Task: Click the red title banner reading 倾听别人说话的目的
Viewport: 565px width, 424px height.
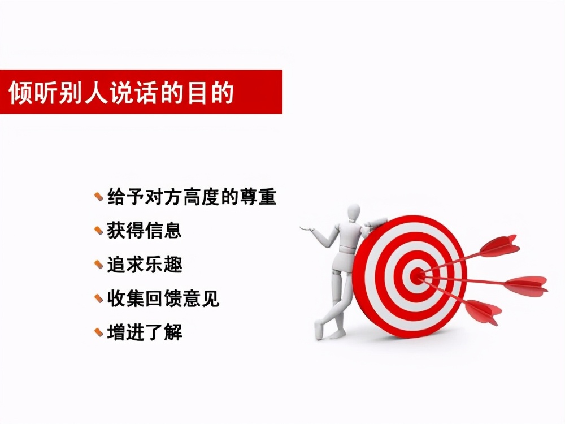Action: coord(141,92)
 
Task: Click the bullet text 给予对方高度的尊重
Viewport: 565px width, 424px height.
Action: coord(192,197)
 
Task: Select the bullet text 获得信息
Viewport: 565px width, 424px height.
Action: coord(144,231)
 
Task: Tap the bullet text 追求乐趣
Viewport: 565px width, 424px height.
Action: coord(144,265)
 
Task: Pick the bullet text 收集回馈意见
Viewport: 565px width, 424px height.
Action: coord(163,298)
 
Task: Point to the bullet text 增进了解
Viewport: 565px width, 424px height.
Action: coord(144,332)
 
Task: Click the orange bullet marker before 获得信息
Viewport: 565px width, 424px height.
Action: coord(99,231)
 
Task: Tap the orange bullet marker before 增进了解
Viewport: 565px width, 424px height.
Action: coord(99,332)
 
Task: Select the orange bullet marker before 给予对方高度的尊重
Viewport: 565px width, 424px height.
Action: coord(99,197)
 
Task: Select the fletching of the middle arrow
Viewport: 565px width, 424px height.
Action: coord(525,285)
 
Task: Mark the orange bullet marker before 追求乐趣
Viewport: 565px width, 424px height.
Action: coord(99,265)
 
